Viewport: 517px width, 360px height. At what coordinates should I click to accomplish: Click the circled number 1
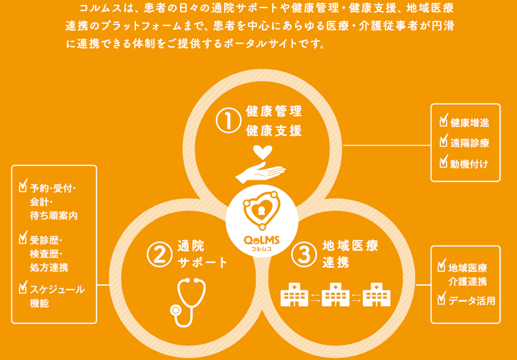tap(228, 120)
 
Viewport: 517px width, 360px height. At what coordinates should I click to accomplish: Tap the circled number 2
tap(159, 254)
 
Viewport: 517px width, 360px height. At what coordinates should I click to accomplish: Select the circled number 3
tap(304, 254)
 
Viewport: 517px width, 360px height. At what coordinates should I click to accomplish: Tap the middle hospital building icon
tap(335, 295)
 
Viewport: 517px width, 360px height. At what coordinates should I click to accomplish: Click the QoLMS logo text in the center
tap(262, 240)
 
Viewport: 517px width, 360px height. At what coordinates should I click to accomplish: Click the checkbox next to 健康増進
tap(444, 121)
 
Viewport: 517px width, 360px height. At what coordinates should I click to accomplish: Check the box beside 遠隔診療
tap(444, 141)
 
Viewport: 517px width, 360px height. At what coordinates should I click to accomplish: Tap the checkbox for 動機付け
tap(444, 162)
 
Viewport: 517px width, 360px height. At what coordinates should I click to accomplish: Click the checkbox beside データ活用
tap(442, 299)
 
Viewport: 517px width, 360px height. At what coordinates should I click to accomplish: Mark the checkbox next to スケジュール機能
tap(23, 287)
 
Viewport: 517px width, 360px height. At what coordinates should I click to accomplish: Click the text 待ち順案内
tap(54, 216)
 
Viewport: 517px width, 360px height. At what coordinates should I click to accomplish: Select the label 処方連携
tap(49, 267)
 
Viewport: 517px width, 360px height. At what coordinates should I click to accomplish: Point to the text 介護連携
tap(467, 281)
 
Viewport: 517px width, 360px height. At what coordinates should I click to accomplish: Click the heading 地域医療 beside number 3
tap(350, 246)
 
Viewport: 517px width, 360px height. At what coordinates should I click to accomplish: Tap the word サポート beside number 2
tap(202, 263)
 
